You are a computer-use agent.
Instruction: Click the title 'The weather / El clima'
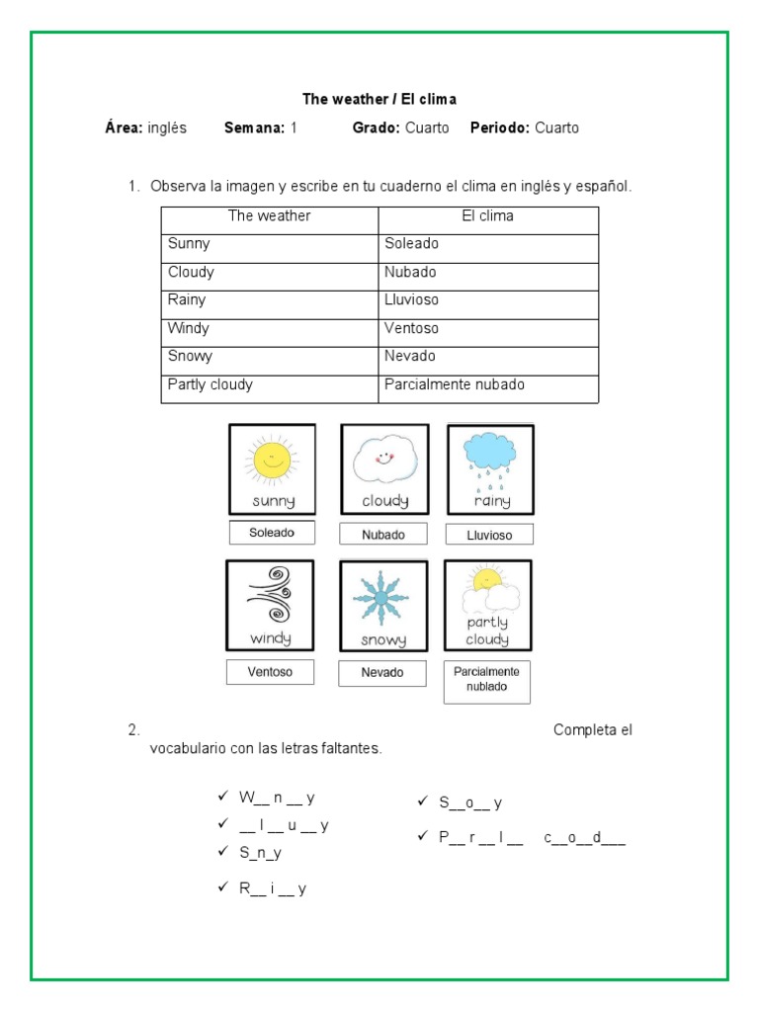coord(379,99)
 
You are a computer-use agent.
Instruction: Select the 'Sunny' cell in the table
coord(190,243)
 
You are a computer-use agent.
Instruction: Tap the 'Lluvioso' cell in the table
coord(411,299)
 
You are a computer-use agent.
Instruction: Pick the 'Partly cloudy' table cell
coord(211,384)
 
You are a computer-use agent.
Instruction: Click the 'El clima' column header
coord(487,215)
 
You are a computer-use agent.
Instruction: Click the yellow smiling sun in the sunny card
coord(272,460)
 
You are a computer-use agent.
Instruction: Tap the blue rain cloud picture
coord(490,454)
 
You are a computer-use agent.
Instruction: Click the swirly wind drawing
coord(269,594)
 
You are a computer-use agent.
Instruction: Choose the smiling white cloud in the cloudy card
coord(384,460)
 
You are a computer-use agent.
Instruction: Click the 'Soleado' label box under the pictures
coord(272,533)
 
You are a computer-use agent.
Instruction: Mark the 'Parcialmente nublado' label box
coord(486,679)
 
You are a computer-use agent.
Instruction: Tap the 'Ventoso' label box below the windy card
coord(271,672)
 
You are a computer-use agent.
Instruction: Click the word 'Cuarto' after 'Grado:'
coord(427,127)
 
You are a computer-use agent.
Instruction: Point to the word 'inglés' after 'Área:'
coord(167,127)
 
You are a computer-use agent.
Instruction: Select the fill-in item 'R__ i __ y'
coord(272,888)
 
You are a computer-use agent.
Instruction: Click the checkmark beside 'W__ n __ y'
coord(223,796)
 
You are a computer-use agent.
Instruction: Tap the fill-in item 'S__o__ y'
coord(470,802)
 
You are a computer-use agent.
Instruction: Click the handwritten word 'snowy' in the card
coord(382,640)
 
